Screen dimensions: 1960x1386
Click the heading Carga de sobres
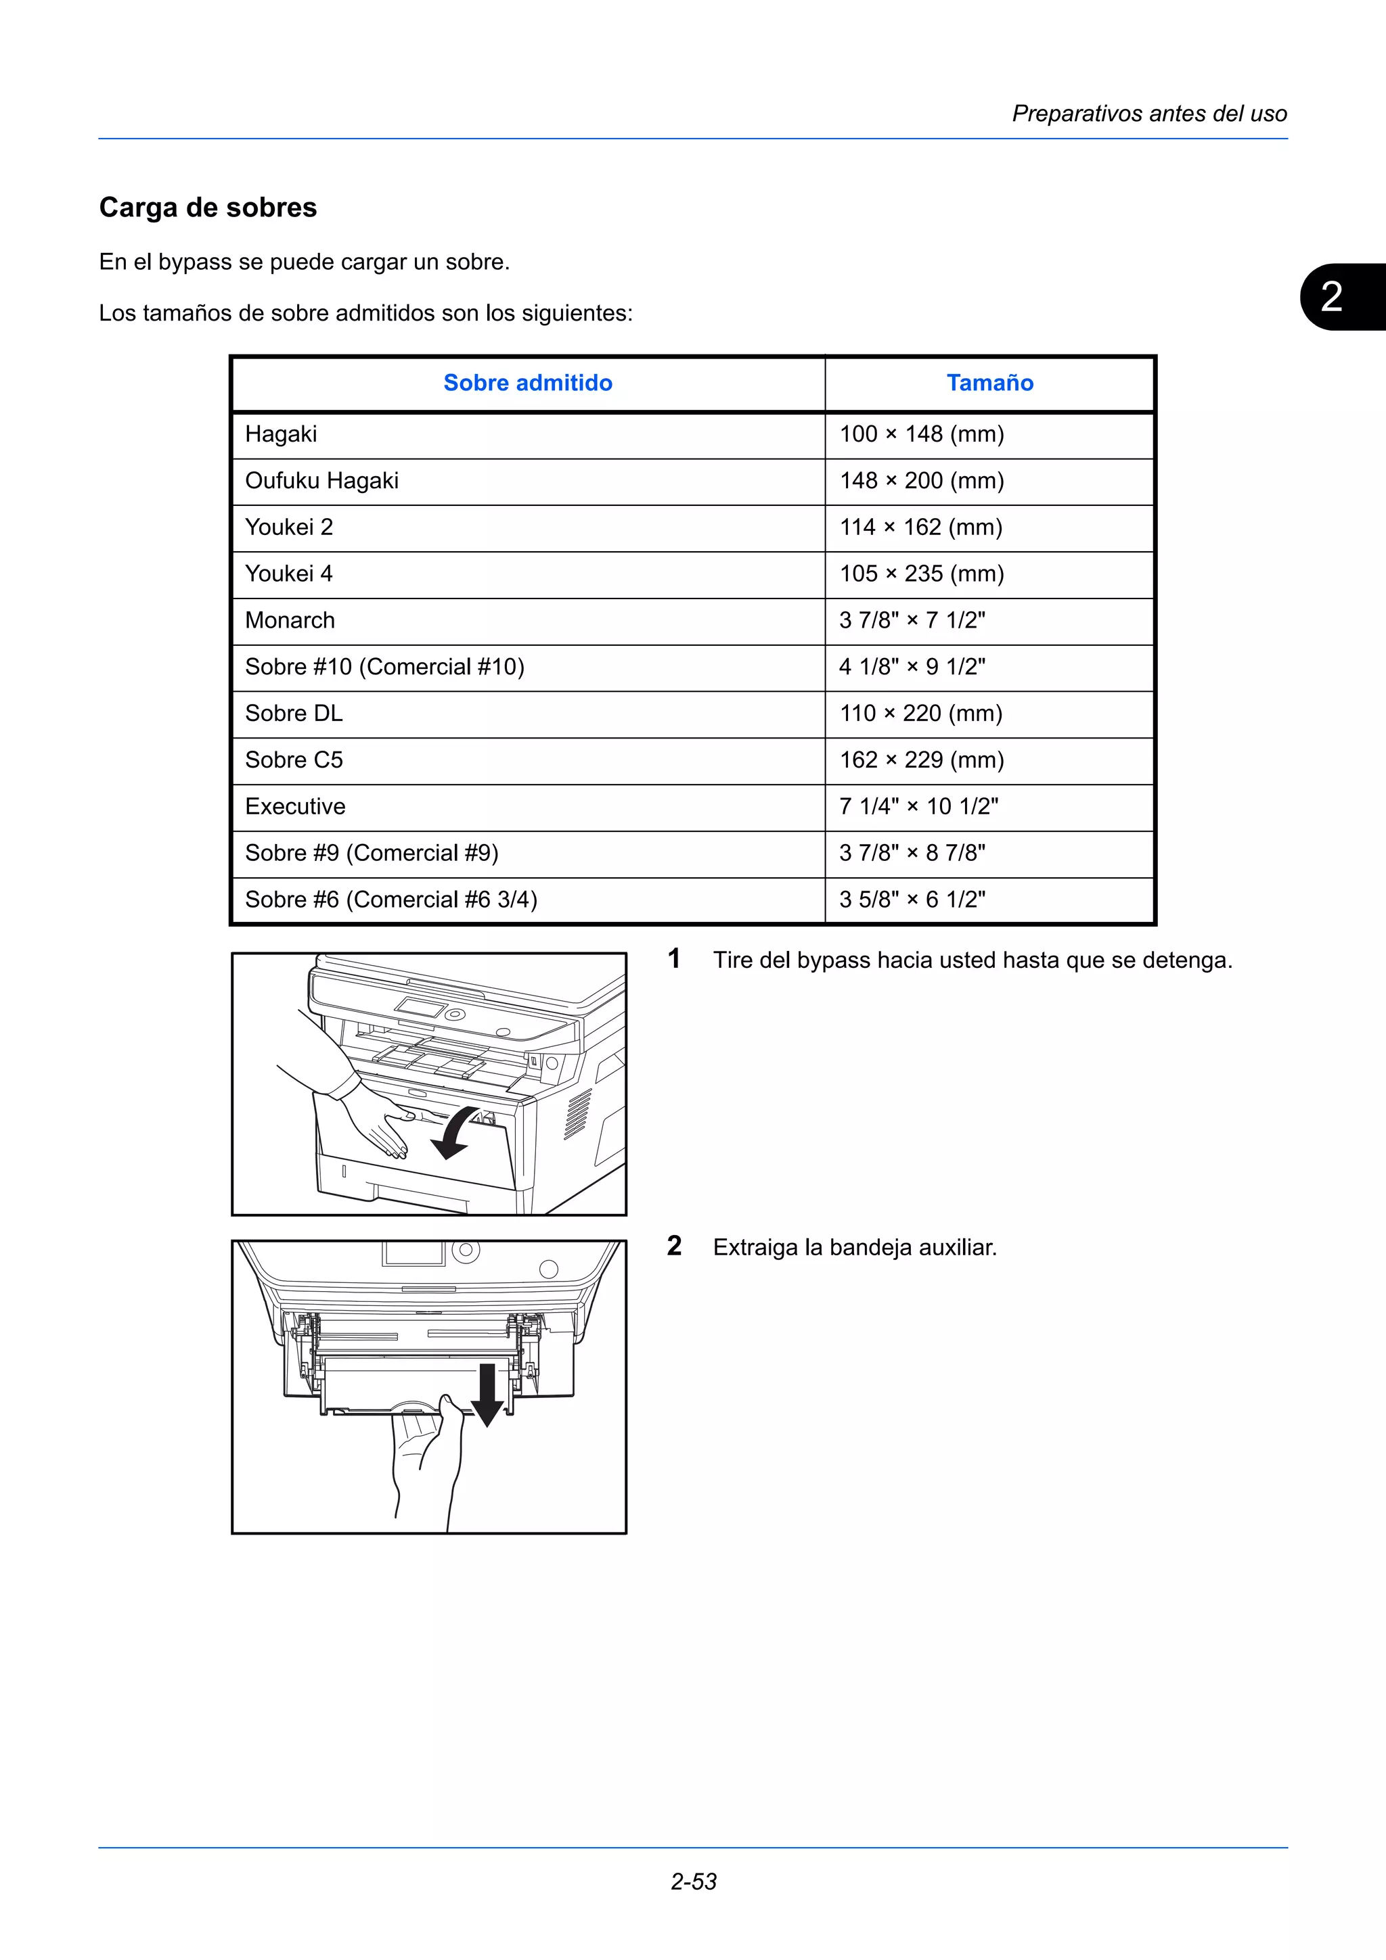point(208,208)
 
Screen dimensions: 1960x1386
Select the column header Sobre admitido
point(528,383)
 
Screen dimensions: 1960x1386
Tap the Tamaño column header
point(989,383)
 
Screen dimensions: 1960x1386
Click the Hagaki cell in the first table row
point(281,434)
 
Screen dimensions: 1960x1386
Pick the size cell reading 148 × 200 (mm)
point(922,481)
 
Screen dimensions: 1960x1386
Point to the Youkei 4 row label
point(289,574)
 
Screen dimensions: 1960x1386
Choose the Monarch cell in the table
point(290,621)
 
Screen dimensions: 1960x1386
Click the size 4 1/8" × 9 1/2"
point(912,667)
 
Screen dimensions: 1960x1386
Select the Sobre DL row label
point(294,714)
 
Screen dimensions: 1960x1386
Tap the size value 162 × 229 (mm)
point(922,760)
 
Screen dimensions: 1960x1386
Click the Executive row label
point(296,807)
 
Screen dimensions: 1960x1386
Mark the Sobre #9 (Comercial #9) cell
point(372,853)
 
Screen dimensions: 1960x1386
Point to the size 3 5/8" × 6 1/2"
point(912,900)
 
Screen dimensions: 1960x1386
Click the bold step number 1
point(674,958)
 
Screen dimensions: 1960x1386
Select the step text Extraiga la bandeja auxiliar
point(855,1248)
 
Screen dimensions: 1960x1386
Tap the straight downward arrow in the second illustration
point(487,1394)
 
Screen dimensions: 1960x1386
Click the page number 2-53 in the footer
point(694,1882)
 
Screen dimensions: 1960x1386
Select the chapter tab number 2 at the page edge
point(1331,297)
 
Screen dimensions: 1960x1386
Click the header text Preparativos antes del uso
point(1149,114)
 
